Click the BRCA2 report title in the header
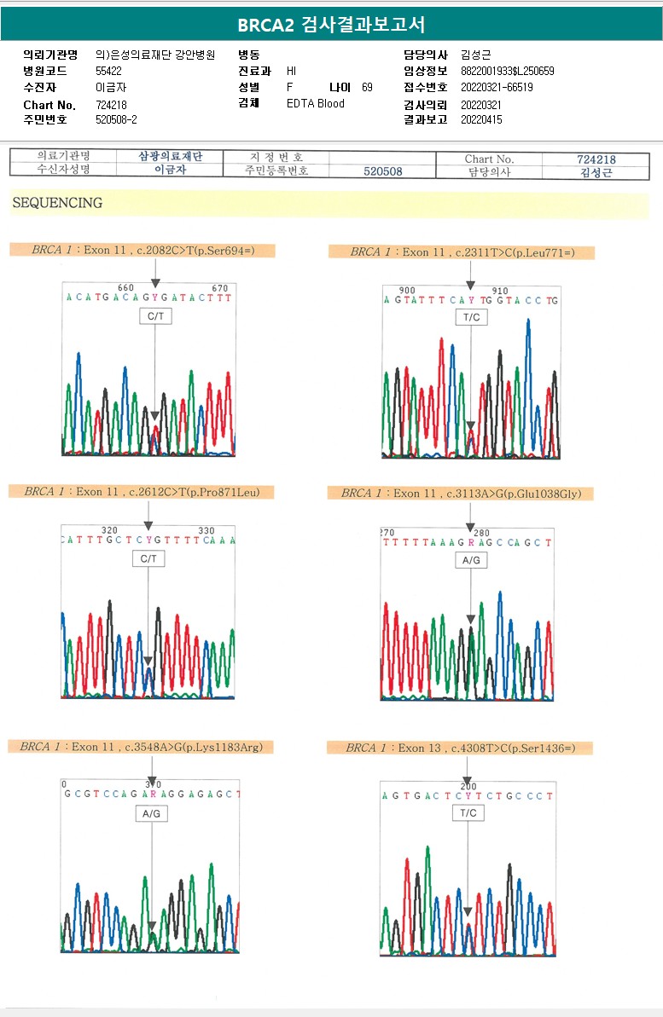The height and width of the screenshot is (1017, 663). coord(331,24)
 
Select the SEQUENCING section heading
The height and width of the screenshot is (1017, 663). coord(57,203)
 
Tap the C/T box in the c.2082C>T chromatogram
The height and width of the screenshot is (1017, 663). coord(155,316)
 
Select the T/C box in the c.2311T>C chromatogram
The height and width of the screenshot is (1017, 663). coord(471,317)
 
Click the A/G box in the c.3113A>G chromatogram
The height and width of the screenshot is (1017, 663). coord(471,560)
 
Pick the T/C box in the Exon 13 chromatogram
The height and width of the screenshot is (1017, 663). coord(468,813)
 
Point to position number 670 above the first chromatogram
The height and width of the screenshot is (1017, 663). coord(219,288)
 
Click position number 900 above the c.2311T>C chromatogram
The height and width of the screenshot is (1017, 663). coord(407,291)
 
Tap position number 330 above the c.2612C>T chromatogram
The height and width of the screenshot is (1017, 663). coord(206,530)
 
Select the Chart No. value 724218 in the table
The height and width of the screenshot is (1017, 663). coord(596,159)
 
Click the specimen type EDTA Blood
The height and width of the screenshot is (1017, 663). coord(316,103)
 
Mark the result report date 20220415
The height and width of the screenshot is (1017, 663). coord(481,120)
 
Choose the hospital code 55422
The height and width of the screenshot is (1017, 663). coord(109,71)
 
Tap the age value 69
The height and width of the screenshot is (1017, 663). coord(367,87)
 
